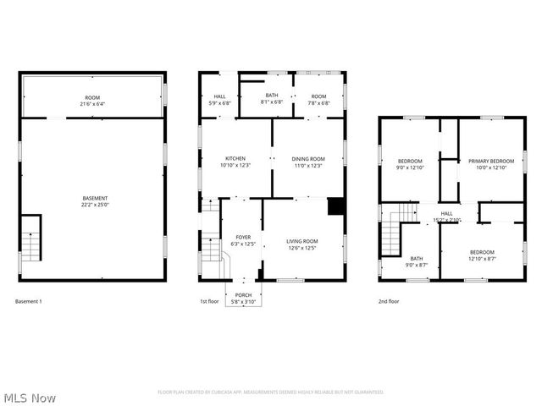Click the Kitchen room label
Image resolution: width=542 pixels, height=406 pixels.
click(235, 159)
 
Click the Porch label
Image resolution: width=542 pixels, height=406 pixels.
click(244, 296)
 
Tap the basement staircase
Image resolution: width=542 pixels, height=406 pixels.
click(30, 239)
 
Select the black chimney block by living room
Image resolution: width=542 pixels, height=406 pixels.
click(336, 207)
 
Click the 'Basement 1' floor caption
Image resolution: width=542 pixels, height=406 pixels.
click(29, 302)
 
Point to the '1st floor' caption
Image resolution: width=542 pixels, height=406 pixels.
click(209, 302)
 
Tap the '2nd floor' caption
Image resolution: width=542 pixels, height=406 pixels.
click(390, 302)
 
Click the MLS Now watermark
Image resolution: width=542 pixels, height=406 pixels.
click(30, 397)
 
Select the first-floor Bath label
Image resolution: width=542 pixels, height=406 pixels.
click(272, 96)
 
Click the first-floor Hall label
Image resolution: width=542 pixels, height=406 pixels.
click(219, 96)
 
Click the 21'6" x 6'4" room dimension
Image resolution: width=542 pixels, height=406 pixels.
click(92, 104)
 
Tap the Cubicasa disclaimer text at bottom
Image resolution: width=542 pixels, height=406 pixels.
click(271, 392)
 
